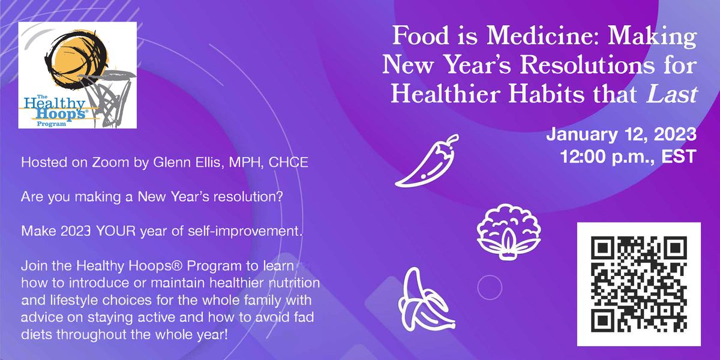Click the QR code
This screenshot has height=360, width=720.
(638, 284)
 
